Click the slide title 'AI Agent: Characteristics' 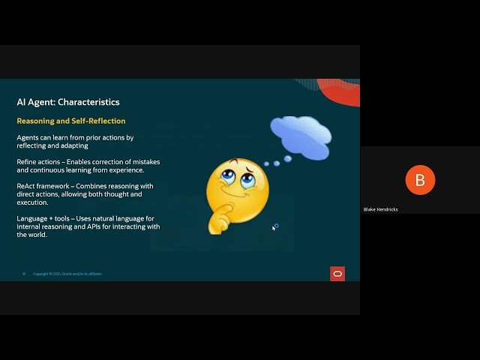pos(68,102)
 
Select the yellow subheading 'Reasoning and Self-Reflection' pos(71,121)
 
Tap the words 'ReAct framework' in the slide pos(41,186)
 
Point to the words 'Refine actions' pos(37,162)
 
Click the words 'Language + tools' pos(42,218)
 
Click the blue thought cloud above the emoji pos(301,134)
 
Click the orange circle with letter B pos(419,180)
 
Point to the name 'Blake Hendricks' pos(381,209)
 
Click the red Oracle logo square pos(337,274)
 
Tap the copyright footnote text pos(67,274)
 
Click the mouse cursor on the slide pos(274,227)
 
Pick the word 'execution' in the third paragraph pos(32,202)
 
